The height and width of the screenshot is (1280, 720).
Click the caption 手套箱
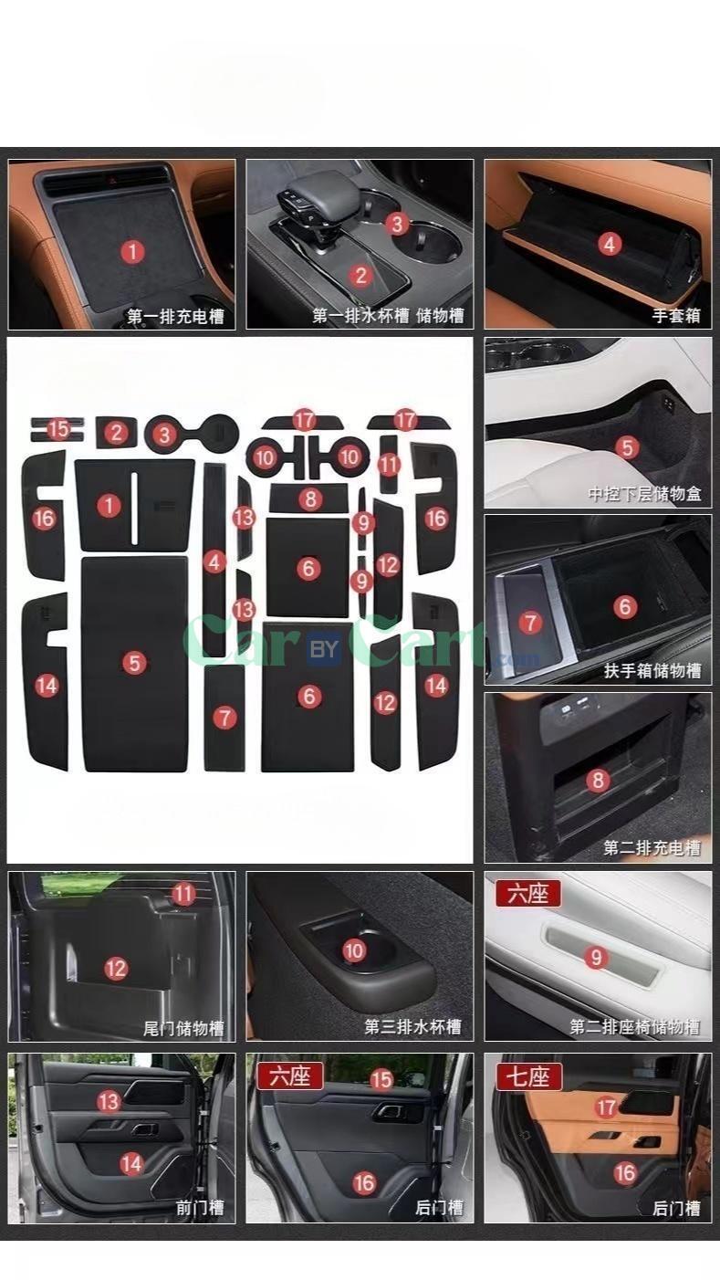pyautogui.click(x=676, y=317)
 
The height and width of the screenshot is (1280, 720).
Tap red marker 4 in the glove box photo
pyautogui.click(x=610, y=244)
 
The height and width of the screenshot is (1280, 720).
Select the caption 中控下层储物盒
pyautogui.click(x=644, y=495)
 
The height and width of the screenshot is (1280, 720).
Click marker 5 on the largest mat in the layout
pyautogui.click(x=134, y=663)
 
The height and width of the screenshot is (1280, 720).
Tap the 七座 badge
pyautogui.click(x=528, y=1075)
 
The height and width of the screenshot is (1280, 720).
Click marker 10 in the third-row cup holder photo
pyautogui.click(x=354, y=950)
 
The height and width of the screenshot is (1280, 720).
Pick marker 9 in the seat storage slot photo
pyautogui.click(x=597, y=957)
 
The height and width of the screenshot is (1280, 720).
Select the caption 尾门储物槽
pyautogui.click(x=183, y=1028)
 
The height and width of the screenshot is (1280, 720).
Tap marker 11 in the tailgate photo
pyautogui.click(x=184, y=894)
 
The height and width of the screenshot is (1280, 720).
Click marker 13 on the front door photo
pyautogui.click(x=109, y=1101)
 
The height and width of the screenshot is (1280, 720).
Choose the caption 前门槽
pyautogui.click(x=199, y=1208)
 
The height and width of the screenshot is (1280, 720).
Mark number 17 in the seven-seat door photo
pyautogui.click(x=606, y=1107)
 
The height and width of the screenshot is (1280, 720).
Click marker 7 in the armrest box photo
pyautogui.click(x=530, y=623)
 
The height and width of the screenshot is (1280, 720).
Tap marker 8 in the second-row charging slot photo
pyautogui.click(x=598, y=780)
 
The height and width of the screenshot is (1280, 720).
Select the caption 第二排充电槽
pyautogui.click(x=652, y=848)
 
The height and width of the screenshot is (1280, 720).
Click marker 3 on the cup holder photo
pyautogui.click(x=395, y=223)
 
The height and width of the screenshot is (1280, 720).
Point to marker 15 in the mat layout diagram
pyautogui.click(x=58, y=428)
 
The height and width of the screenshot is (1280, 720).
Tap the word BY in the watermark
pyautogui.click(x=324, y=650)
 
